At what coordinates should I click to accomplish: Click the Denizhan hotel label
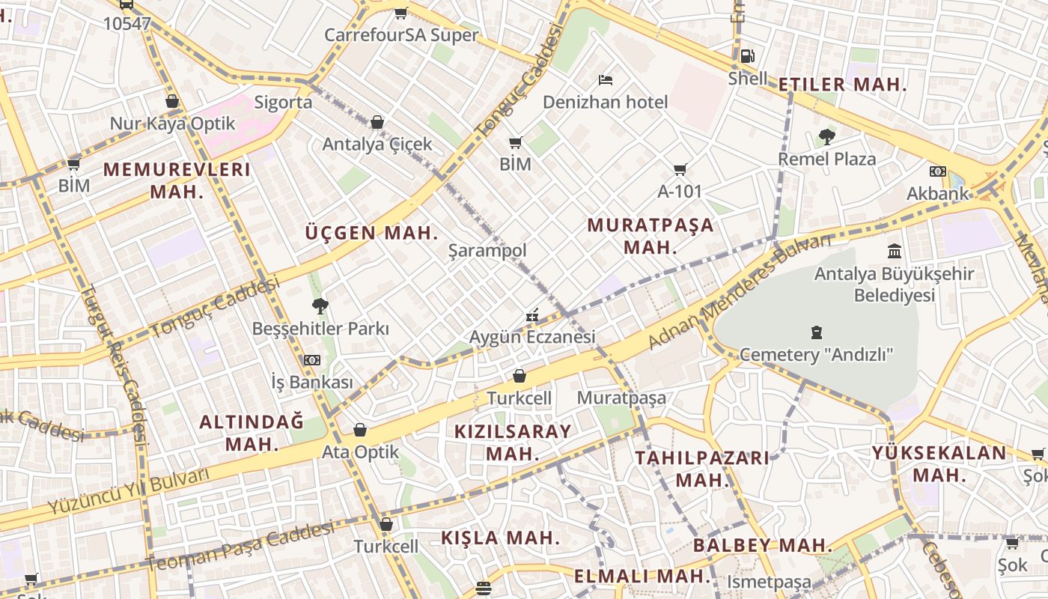click(x=605, y=102)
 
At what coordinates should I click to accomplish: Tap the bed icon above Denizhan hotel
click(x=606, y=79)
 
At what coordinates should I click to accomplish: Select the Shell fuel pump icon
click(x=747, y=55)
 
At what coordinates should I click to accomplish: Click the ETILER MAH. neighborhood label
click(x=842, y=85)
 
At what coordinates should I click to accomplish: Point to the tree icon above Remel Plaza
click(x=827, y=137)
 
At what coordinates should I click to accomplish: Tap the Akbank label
click(x=937, y=194)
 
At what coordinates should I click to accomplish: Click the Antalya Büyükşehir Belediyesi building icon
click(x=895, y=251)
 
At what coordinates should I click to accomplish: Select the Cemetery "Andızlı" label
click(x=816, y=354)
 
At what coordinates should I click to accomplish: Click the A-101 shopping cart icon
click(x=680, y=170)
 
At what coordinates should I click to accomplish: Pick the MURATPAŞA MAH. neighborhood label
click(x=650, y=236)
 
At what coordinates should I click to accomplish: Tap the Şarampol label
click(x=487, y=251)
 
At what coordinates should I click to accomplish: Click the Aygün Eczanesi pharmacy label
click(x=532, y=337)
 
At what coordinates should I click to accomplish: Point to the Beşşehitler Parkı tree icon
click(x=320, y=305)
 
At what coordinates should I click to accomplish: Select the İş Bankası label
click(x=311, y=382)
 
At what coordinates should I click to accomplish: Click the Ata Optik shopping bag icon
click(x=360, y=430)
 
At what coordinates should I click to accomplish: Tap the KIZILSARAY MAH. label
click(x=513, y=442)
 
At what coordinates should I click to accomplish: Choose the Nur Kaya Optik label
click(x=172, y=124)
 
